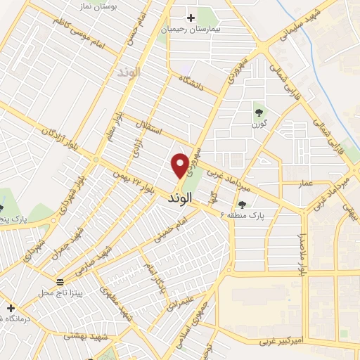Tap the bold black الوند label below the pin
(179, 199)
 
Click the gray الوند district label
(130, 72)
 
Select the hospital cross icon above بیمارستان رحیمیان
(190, 18)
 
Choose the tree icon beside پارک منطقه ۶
(243, 204)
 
